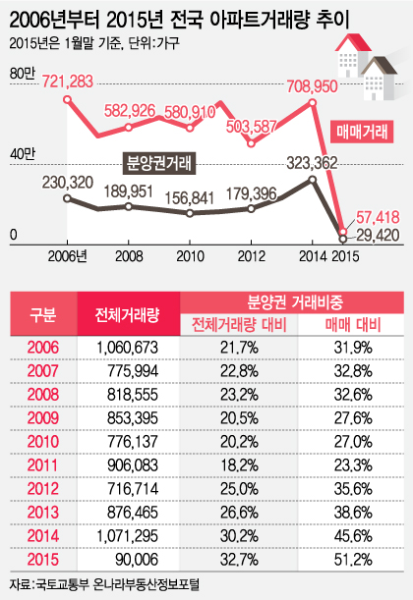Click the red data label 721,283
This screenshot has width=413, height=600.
68,82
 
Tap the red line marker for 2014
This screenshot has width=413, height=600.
313,102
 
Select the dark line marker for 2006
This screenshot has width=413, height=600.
67,198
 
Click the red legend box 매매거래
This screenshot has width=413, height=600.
362,132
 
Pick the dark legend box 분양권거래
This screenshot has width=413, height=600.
159,163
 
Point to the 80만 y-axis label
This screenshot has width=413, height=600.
22,74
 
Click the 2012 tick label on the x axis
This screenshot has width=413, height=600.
252,256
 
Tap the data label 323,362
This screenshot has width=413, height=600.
313,163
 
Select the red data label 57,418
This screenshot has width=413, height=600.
379,217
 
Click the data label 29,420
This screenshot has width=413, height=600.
379,235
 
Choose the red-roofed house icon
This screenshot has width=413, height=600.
352,55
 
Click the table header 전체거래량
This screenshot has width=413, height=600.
127,314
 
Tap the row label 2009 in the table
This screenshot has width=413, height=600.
43,418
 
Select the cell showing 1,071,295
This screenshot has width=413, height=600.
127,536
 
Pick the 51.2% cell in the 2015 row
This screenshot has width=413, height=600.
353,560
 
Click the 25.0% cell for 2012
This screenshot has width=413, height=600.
239,489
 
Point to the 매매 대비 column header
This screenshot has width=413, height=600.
353,325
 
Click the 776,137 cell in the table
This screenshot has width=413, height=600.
133,442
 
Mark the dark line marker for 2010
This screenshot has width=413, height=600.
190,213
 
